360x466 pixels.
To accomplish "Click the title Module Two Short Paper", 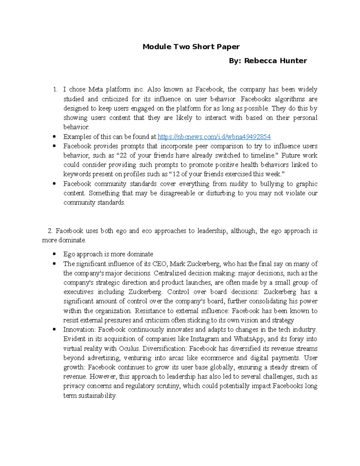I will pyautogui.click(x=191, y=47).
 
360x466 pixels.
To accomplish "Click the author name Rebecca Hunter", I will pyautogui.click(x=275, y=61).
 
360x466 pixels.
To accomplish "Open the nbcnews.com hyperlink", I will pyautogui.click(x=214, y=137).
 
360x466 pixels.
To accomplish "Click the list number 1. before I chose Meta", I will pyautogui.click(x=55, y=89).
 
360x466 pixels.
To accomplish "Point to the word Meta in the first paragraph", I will pyautogui.click(x=95, y=89).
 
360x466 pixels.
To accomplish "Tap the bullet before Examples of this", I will pyautogui.click(x=54, y=137).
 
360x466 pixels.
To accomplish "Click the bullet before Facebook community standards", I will pyautogui.click(x=54, y=184).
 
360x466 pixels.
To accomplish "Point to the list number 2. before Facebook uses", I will pyautogui.click(x=50, y=231).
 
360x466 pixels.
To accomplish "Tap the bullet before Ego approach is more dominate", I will pyautogui.click(x=54, y=254).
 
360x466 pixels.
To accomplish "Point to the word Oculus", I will pyautogui.click(x=129, y=348).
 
